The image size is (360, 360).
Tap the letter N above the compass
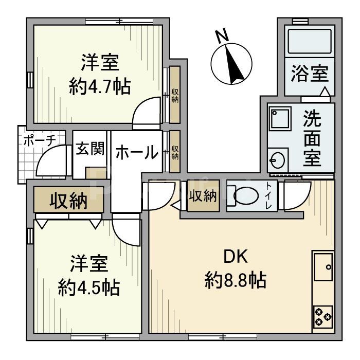click(x=222, y=36)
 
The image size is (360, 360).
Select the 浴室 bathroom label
click(x=309, y=74)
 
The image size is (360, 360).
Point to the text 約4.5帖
click(x=88, y=286)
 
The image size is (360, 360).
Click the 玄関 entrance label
click(x=91, y=149)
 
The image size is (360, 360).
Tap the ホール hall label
click(x=136, y=152)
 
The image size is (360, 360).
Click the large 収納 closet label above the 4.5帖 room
click(x=68, y=202)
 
